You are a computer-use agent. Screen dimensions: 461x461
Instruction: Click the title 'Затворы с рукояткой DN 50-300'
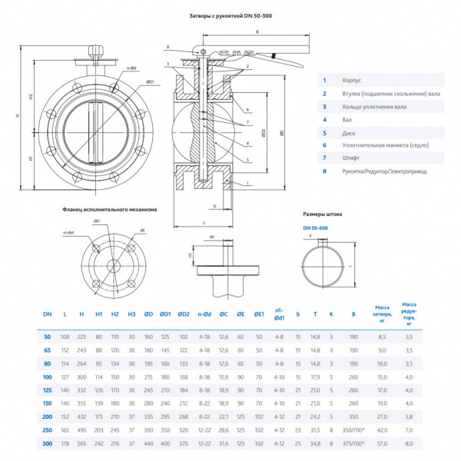230,15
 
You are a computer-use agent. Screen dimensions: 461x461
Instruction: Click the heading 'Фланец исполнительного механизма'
109,209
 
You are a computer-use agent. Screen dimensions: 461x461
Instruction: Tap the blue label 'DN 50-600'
316,227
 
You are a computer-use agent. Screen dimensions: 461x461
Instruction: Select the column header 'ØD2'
184,313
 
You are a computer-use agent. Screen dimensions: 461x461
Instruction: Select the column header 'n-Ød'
204,313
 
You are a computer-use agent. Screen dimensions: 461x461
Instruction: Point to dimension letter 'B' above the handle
257,32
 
